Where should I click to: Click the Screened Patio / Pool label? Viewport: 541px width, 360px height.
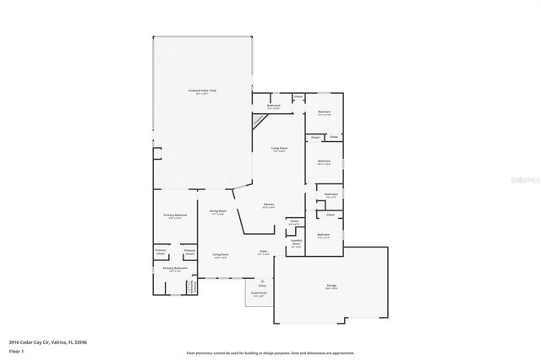[202, 90]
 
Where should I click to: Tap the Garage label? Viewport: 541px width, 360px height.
[331, 286]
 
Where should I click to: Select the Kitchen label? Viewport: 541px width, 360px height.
[269, 205]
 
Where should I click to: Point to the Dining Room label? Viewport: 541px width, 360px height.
[219, 211]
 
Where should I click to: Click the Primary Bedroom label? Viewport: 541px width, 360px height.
[174, 215]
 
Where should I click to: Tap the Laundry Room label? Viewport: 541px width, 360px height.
[296, 242]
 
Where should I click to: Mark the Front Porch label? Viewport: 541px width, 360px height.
[258, 294]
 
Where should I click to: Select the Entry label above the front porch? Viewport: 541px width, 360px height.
[250, 286]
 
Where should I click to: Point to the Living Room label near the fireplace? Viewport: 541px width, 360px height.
[278, 150]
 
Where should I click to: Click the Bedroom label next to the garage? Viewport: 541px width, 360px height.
[323, 235]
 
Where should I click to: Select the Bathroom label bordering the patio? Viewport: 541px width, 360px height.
[274, 106]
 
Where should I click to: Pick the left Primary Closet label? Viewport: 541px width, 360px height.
[161, 251]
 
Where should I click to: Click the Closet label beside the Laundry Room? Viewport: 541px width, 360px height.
[293, 222]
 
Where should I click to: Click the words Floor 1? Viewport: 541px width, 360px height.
[16, 350]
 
